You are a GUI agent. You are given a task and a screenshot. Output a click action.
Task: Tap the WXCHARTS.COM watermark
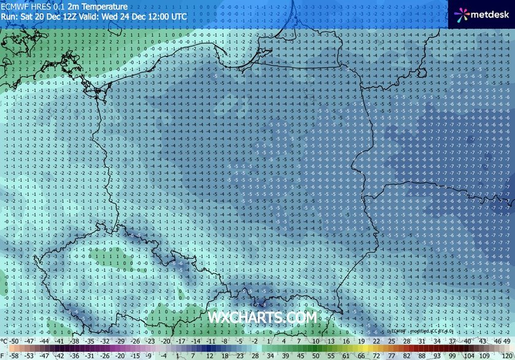(x=263, y=317)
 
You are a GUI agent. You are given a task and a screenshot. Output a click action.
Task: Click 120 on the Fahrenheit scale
(x=507, y=354)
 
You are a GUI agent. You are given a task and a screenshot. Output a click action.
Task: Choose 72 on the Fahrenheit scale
(x=374, y=354)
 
